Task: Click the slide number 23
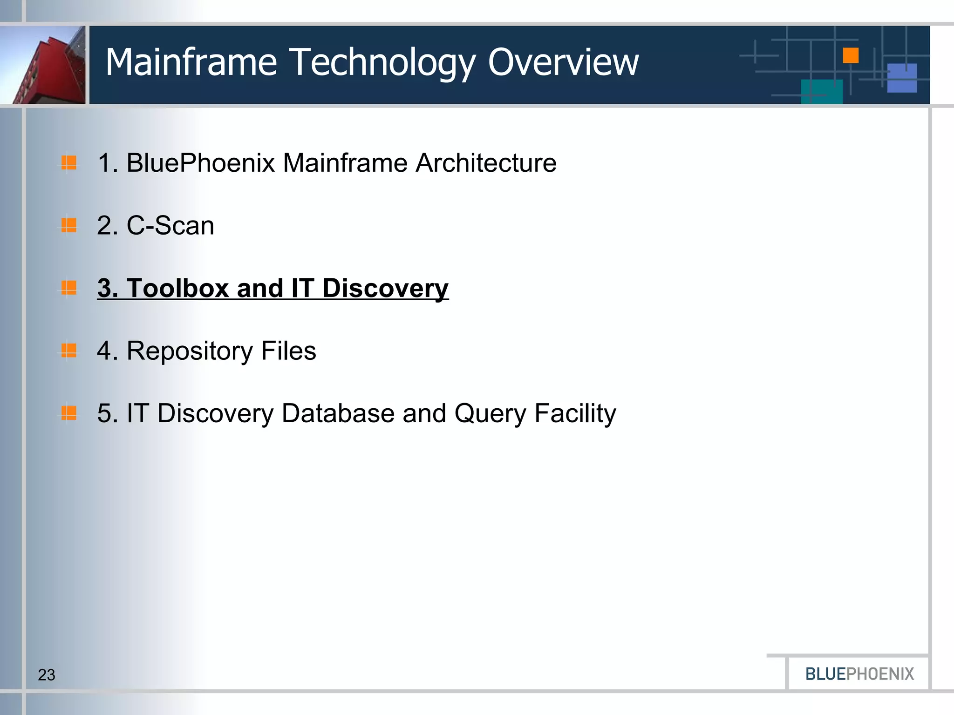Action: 47,675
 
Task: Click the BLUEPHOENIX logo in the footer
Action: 859,674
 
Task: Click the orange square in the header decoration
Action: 851,55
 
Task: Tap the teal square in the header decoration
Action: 822,91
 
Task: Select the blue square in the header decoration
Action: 902,78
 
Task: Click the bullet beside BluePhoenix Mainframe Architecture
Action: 69,163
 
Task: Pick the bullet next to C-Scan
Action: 69,225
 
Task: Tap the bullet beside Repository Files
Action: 69,350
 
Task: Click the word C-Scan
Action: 170,226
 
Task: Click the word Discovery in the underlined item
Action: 385,289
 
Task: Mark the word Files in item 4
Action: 288,351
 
